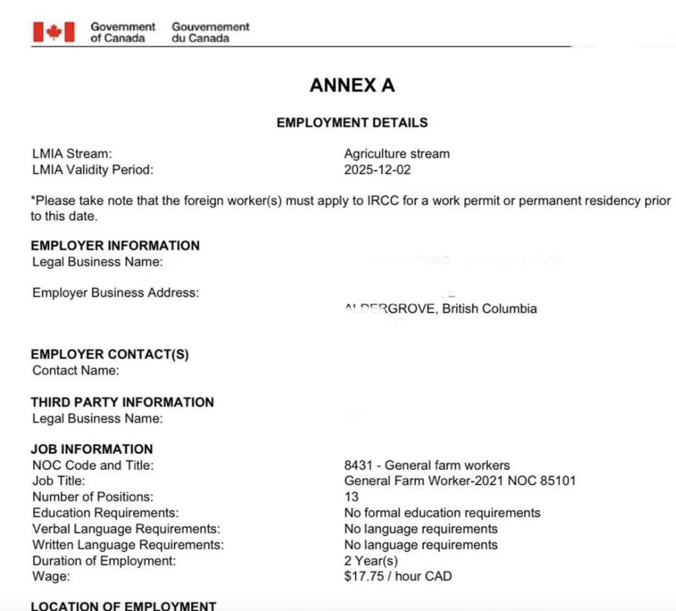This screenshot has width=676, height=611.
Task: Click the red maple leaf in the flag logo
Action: tap(54, 32)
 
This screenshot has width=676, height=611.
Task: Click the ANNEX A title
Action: tap(352, 85)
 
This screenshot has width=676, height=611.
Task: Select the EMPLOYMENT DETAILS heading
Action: tap(352, 123)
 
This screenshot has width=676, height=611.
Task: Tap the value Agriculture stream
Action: tap(397, 154)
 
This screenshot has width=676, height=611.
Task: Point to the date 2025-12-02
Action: tap(377, 170)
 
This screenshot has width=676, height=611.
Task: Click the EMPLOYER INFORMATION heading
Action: tap(115, 246)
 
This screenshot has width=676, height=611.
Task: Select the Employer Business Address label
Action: tap(115, 293)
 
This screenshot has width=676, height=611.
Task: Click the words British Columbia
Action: tap(489, 309)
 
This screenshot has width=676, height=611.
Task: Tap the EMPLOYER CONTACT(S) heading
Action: tap(109, 354)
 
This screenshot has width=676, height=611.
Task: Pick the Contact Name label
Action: tap(75, 371)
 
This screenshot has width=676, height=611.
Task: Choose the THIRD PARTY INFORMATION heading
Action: tap(122, 402)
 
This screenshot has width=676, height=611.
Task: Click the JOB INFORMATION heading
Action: tap(92, 449)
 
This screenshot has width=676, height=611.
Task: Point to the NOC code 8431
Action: tap(358, 465)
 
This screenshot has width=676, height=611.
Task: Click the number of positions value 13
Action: tap(351, 497)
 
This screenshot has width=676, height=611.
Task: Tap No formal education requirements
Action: tap(442, 513)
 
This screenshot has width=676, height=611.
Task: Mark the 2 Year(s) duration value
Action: tap(371, 561)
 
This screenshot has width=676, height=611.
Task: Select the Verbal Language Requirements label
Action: tap(126, 529)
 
